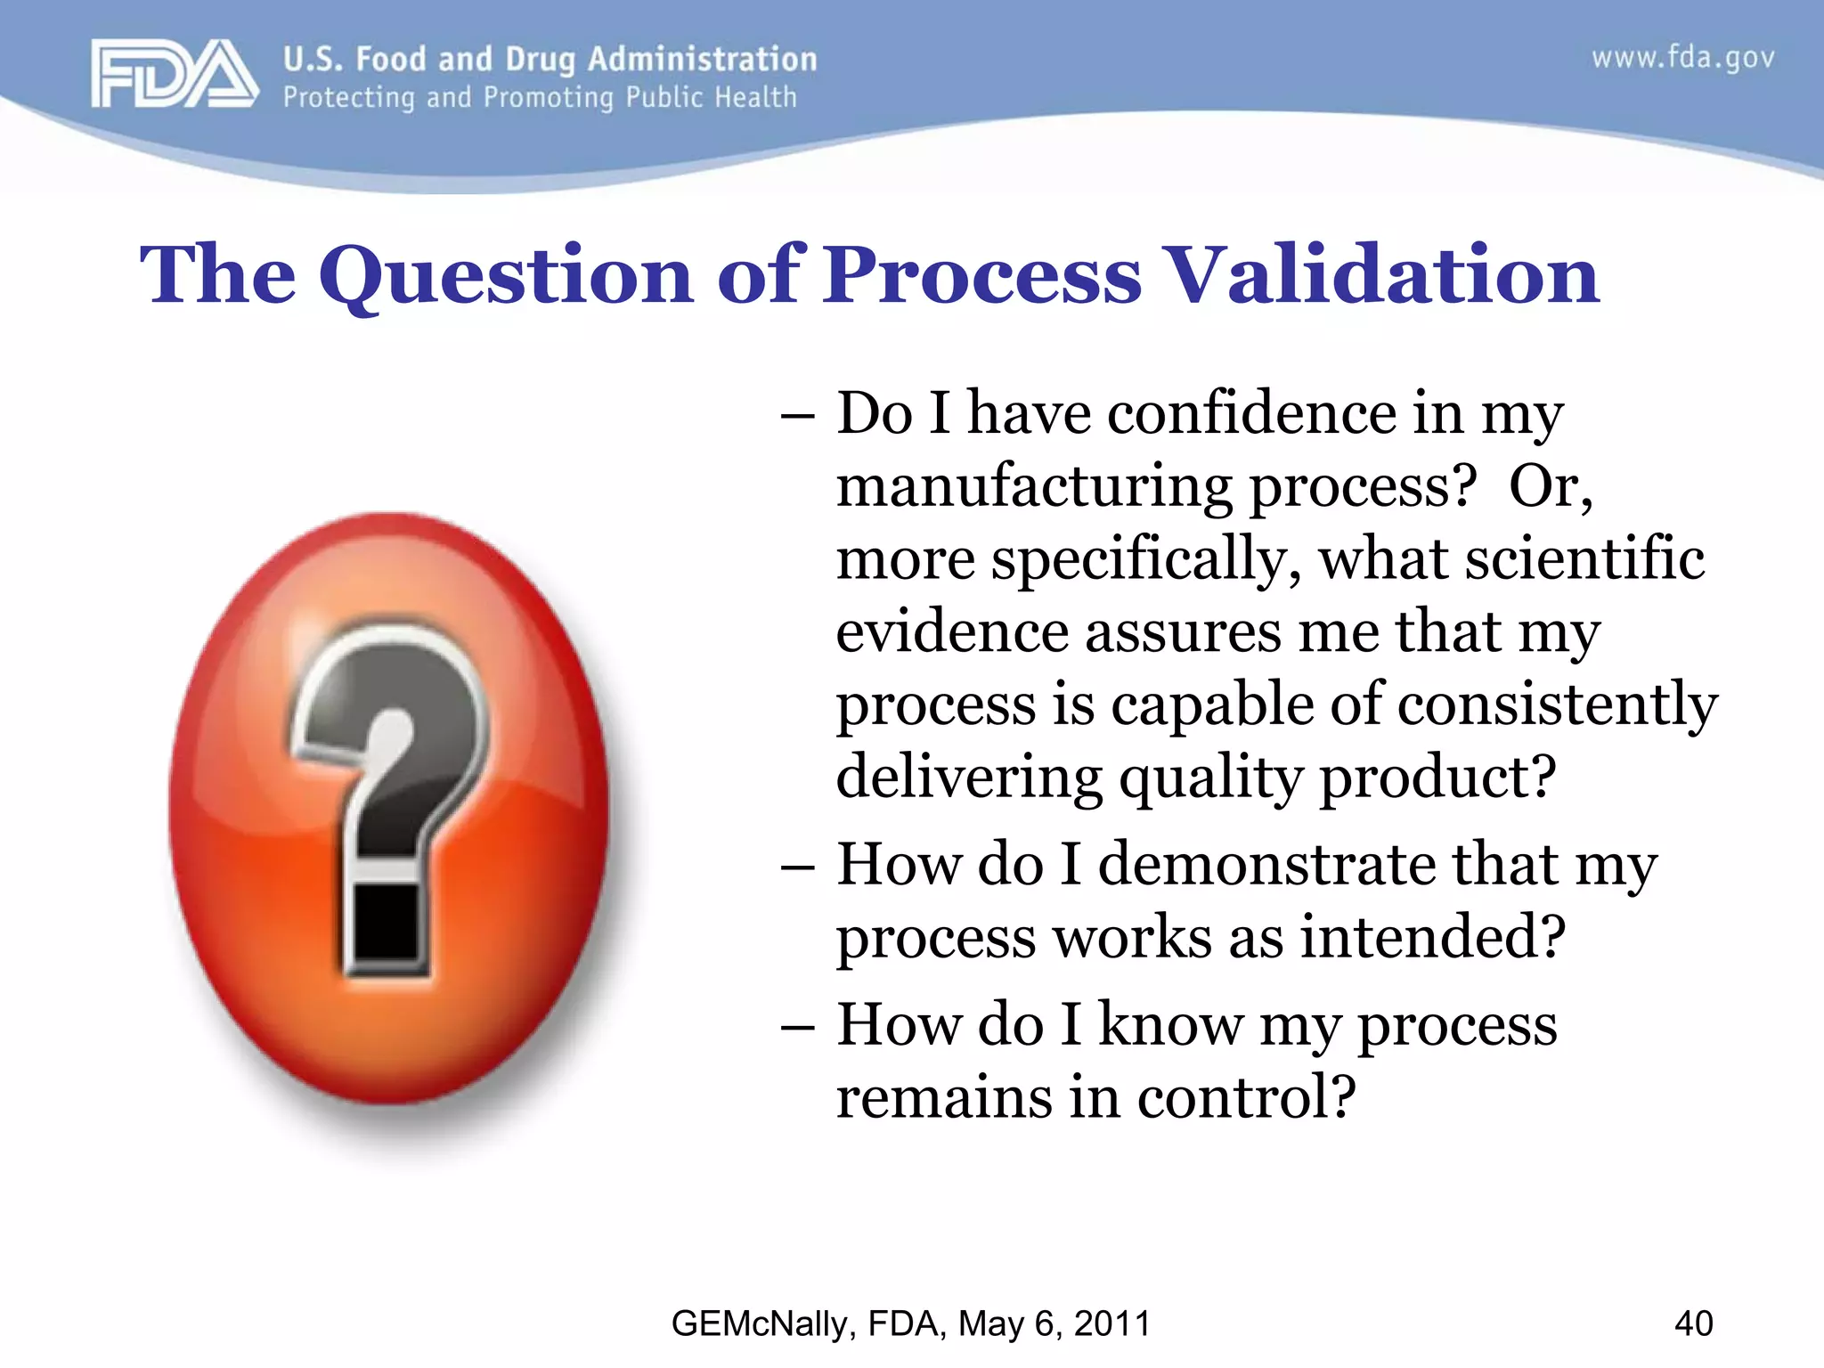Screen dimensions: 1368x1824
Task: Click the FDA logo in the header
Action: click(x=174, y=75)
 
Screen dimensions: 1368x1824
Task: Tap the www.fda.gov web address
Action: click(x=1682, y=59)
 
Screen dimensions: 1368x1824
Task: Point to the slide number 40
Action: click(x=1693, y=1323)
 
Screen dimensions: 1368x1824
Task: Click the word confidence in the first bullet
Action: click(x=1253, y=414)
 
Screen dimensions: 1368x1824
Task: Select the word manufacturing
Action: click(x=1034, y=488)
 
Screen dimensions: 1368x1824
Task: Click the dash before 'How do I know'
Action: click(x=797, y=1027)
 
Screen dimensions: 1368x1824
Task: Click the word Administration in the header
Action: click(x=702, y=59)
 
